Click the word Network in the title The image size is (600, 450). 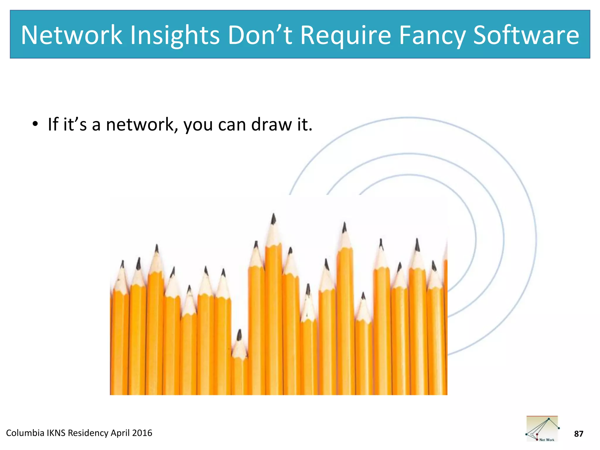click(71, 35)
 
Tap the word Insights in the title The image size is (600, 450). click(175, 36)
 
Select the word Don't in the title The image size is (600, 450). click(260, 35)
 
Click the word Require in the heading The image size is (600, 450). click(346, 36)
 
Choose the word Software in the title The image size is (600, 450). click(526, 35)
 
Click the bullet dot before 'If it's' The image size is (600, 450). click(35, 124)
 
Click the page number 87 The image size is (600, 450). click(578, 434)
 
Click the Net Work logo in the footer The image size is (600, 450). click(542, 429)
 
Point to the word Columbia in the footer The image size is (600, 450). click(25, 433)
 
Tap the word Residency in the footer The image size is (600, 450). click(88, 433)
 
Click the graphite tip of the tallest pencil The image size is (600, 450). click(274, 218)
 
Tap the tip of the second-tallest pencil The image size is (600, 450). click(345, 227)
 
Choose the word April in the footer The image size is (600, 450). click(120, 433)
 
